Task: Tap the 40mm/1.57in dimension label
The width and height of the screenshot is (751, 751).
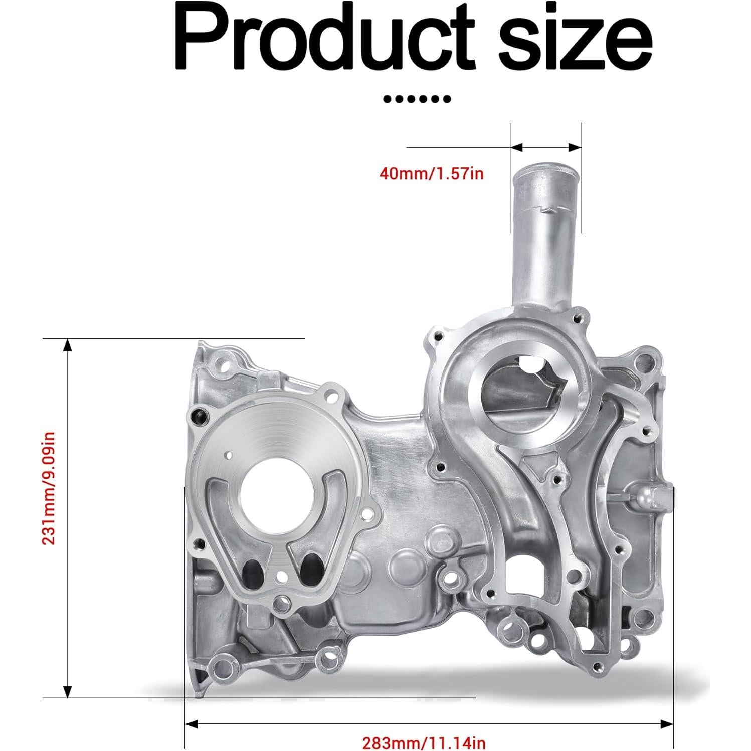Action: [432, 174]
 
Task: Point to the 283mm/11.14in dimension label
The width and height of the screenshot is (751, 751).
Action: [424, 742]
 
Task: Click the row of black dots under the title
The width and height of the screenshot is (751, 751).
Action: [417, 99]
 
